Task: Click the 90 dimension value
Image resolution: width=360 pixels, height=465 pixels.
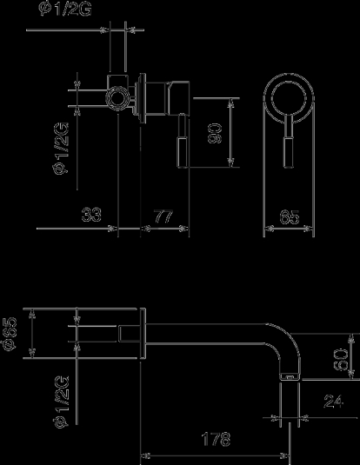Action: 215,134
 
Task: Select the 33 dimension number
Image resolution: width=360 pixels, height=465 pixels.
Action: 91,215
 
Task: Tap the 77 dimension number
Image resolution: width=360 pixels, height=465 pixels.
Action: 163,216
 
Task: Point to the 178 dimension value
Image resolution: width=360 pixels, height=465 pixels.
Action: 216,439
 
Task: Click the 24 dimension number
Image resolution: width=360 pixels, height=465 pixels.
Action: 334,402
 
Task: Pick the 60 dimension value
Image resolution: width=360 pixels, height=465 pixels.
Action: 341,360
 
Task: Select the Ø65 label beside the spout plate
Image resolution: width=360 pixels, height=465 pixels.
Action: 10,334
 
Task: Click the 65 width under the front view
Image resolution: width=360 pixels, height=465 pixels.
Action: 290,216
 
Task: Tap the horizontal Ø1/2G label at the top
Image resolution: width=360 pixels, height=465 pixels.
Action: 65,10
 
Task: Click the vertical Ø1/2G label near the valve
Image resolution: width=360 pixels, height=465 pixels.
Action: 62,149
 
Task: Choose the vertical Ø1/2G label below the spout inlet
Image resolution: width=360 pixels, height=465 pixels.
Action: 62,402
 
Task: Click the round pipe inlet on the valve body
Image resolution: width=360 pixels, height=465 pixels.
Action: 118,98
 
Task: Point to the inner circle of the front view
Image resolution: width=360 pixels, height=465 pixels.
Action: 289,98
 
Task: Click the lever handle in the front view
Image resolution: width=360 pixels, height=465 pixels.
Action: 289,142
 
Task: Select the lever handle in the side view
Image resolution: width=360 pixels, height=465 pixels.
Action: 183,141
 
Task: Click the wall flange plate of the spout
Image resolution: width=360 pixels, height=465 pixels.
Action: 143,333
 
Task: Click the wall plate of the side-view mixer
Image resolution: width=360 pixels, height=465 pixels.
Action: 142,98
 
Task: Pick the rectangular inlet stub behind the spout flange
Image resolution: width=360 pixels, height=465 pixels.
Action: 130,334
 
